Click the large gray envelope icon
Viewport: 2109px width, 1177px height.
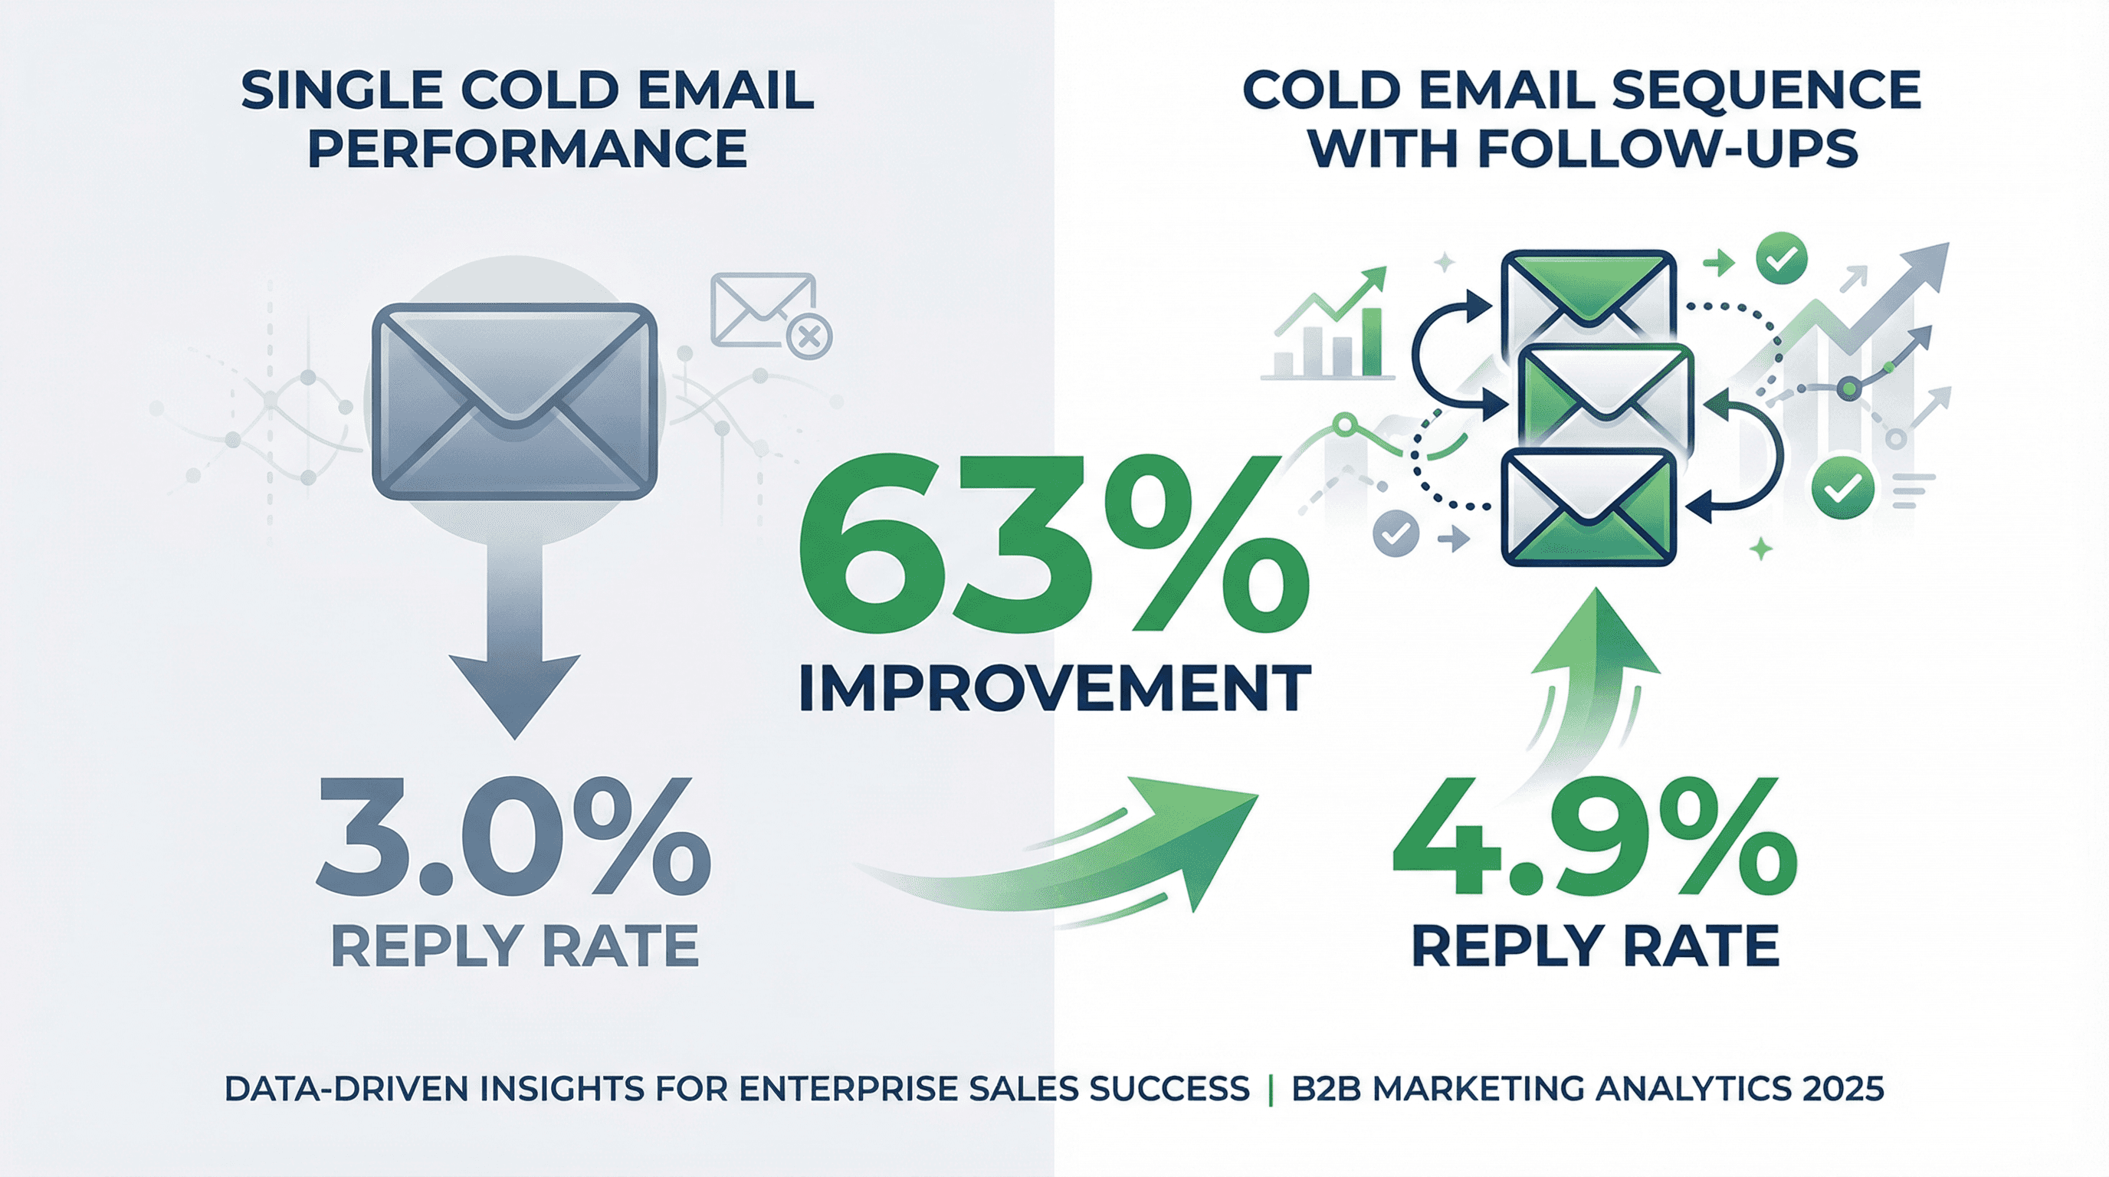point(514,401)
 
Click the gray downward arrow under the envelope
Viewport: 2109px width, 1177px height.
point(514,647)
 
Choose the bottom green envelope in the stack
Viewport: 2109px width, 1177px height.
point(1589,507)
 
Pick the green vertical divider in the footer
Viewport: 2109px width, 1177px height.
point(1271,1090)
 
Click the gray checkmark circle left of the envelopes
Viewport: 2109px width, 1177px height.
point(1395,533)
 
